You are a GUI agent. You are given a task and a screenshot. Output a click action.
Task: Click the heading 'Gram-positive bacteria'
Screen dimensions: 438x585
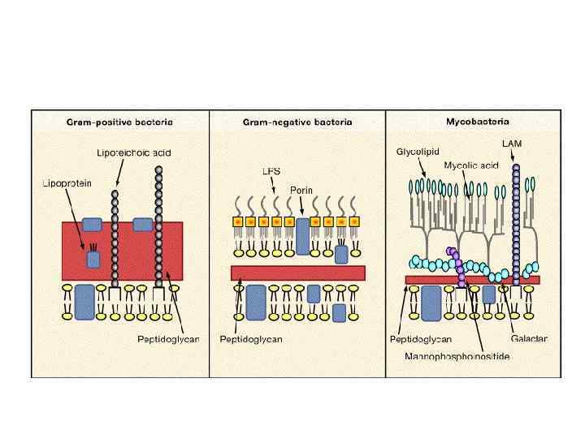(x=119, y=122)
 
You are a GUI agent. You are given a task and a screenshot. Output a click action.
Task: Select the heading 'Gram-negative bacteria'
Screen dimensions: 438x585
(x=297, y=122)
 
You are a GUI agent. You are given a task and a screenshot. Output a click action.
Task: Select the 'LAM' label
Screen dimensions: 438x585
(x=513, y=144)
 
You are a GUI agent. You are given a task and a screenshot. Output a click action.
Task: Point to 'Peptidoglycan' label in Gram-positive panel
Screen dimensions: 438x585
(x=163, y=339)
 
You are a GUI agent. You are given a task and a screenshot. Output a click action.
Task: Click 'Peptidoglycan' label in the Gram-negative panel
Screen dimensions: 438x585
(x=251, y=339)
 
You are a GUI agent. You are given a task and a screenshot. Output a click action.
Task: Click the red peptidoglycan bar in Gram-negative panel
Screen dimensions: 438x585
(x=297, y=272)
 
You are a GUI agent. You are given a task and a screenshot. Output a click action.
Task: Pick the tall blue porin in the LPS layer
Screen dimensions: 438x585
(x=303, y=234)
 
